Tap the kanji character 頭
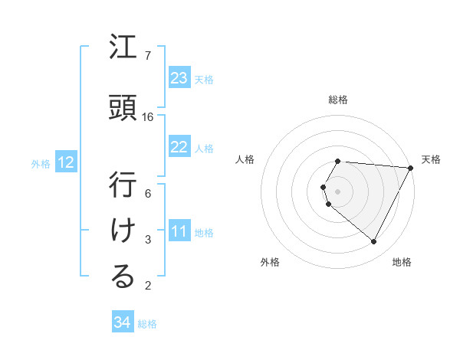click(x=123, y=107)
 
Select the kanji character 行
click(x=123, y=185)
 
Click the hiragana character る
click(x=123, y=277)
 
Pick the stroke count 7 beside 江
click(x=148, y=56)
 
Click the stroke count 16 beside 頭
click(x=148, y=117)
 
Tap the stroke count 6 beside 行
click(x=148, y=194)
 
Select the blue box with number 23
click(x=179, y=78)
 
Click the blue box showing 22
click(x=179, y=147)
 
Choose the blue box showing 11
click(x=179, y=231)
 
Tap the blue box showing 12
click(x=66, y=162)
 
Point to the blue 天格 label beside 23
click(x=204, y=79)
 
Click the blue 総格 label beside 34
click(x=148, y=324)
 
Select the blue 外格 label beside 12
click(x=41, y=163)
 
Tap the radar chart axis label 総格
click(x=338, y=100)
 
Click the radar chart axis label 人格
click(x=246, y=159)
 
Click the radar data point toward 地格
click(x=374, y=242)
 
